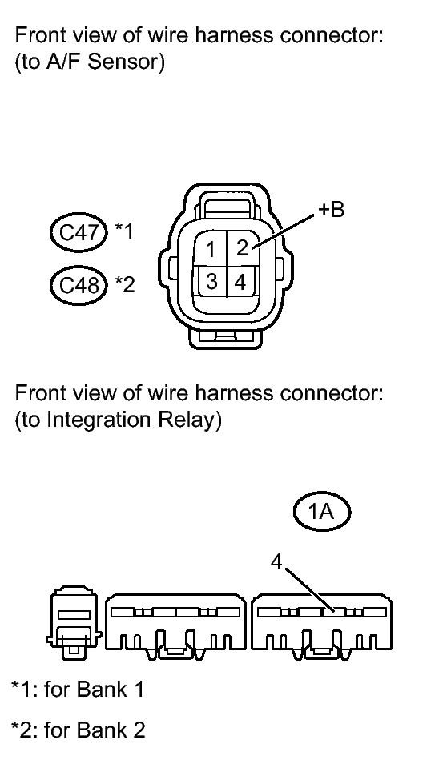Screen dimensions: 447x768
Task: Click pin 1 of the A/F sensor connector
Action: coord(211,249)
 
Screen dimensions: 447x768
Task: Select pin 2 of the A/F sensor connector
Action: coord(242,248)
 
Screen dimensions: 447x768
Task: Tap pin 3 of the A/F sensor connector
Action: coord(211,281)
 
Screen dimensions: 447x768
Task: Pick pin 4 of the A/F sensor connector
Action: coord(240,282)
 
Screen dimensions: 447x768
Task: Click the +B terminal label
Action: coord(332,209)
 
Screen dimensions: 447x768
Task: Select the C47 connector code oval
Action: coord(79,232)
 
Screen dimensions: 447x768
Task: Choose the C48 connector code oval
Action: coord(79,284)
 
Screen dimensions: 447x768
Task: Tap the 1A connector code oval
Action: coord(322,513)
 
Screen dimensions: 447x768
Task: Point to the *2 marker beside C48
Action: coord(124,283)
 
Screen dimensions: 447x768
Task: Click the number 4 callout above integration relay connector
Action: coord(277,562)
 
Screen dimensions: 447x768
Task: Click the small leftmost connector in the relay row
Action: coord(74,622)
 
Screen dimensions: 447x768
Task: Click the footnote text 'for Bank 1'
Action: coord(94,690)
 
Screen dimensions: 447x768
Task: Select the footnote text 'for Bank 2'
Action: coord(95,730)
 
